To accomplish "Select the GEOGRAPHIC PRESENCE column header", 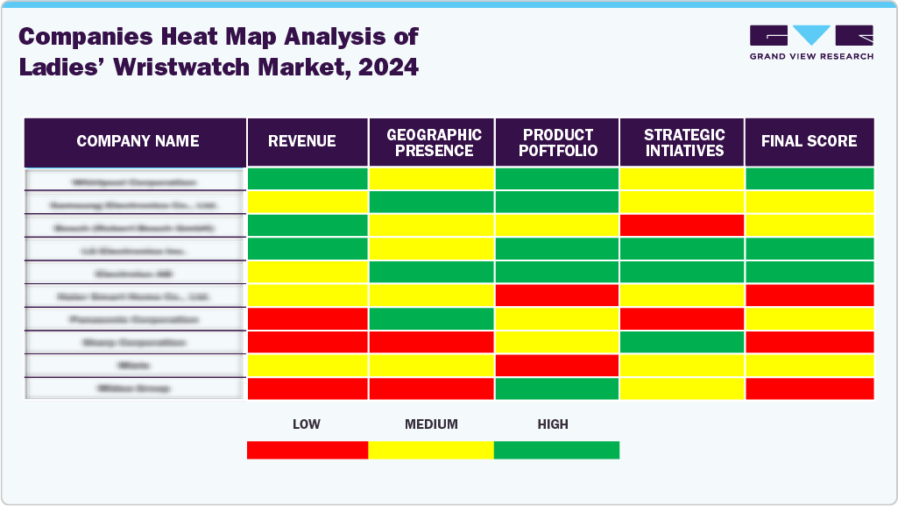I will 434,142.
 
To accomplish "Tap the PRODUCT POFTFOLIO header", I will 558,142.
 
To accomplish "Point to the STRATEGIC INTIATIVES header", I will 683,142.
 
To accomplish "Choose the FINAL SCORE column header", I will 809,141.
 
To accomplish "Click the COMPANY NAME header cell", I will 138,141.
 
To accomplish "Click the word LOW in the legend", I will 306,424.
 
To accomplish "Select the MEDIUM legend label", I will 431,424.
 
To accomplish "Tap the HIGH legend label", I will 553,424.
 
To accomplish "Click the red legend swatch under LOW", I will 307,450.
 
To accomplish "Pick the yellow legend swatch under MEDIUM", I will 431,450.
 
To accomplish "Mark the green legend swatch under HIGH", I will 556,450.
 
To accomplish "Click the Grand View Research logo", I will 811,42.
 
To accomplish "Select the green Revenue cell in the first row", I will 307,179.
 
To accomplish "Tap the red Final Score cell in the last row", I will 809,388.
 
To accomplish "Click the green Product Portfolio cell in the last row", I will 558,388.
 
